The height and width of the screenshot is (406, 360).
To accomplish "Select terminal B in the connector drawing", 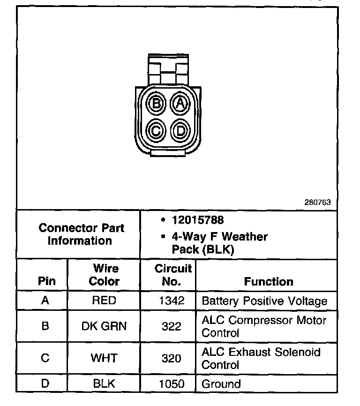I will click(157, 103).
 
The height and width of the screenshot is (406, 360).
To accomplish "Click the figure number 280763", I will click(317, 203).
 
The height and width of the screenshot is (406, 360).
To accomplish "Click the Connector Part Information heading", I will click(81, 234).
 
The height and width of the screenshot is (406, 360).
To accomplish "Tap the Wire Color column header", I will click(104, 275).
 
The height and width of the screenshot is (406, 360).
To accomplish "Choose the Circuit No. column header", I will click(172, 275).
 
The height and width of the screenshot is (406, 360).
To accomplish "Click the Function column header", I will click(269, 282).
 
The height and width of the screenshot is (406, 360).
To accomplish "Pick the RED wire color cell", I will click(104, 301).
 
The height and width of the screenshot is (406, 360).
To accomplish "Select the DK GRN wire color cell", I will click(104, 326).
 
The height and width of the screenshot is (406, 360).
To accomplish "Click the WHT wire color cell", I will click(104, 358).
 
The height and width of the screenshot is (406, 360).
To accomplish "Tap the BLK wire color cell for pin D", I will click(104, 384).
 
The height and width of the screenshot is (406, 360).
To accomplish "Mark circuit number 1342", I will click(172, 301).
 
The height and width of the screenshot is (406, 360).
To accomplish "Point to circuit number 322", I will click(172, 326).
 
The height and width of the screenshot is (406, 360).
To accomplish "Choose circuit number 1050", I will click(172, 384).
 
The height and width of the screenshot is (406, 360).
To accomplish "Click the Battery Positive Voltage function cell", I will click(264, 301).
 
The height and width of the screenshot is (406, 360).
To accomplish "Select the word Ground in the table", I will click(221, 384).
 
